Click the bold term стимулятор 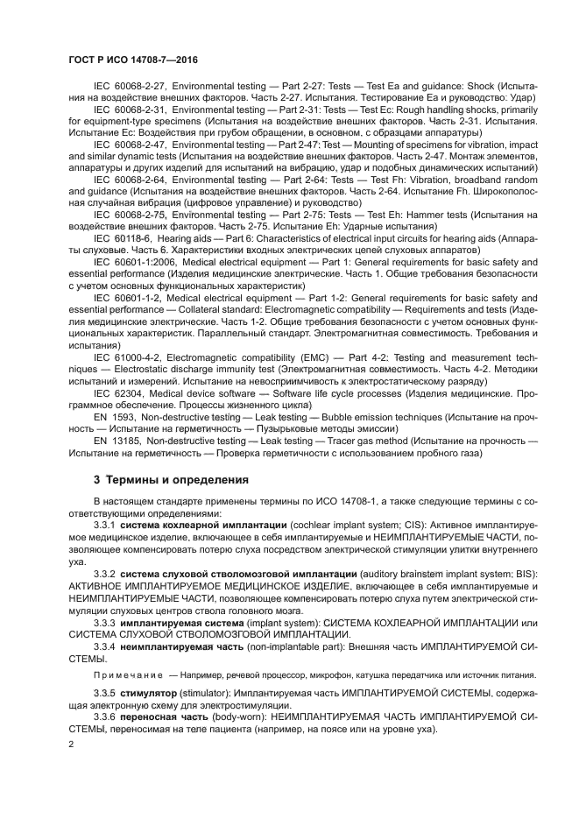point(151,692)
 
